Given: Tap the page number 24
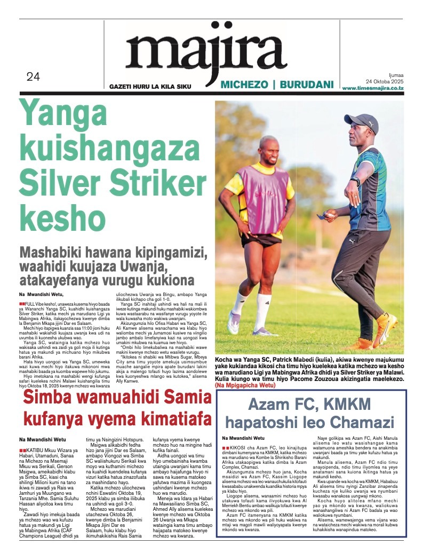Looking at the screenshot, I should tap(33, 77).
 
